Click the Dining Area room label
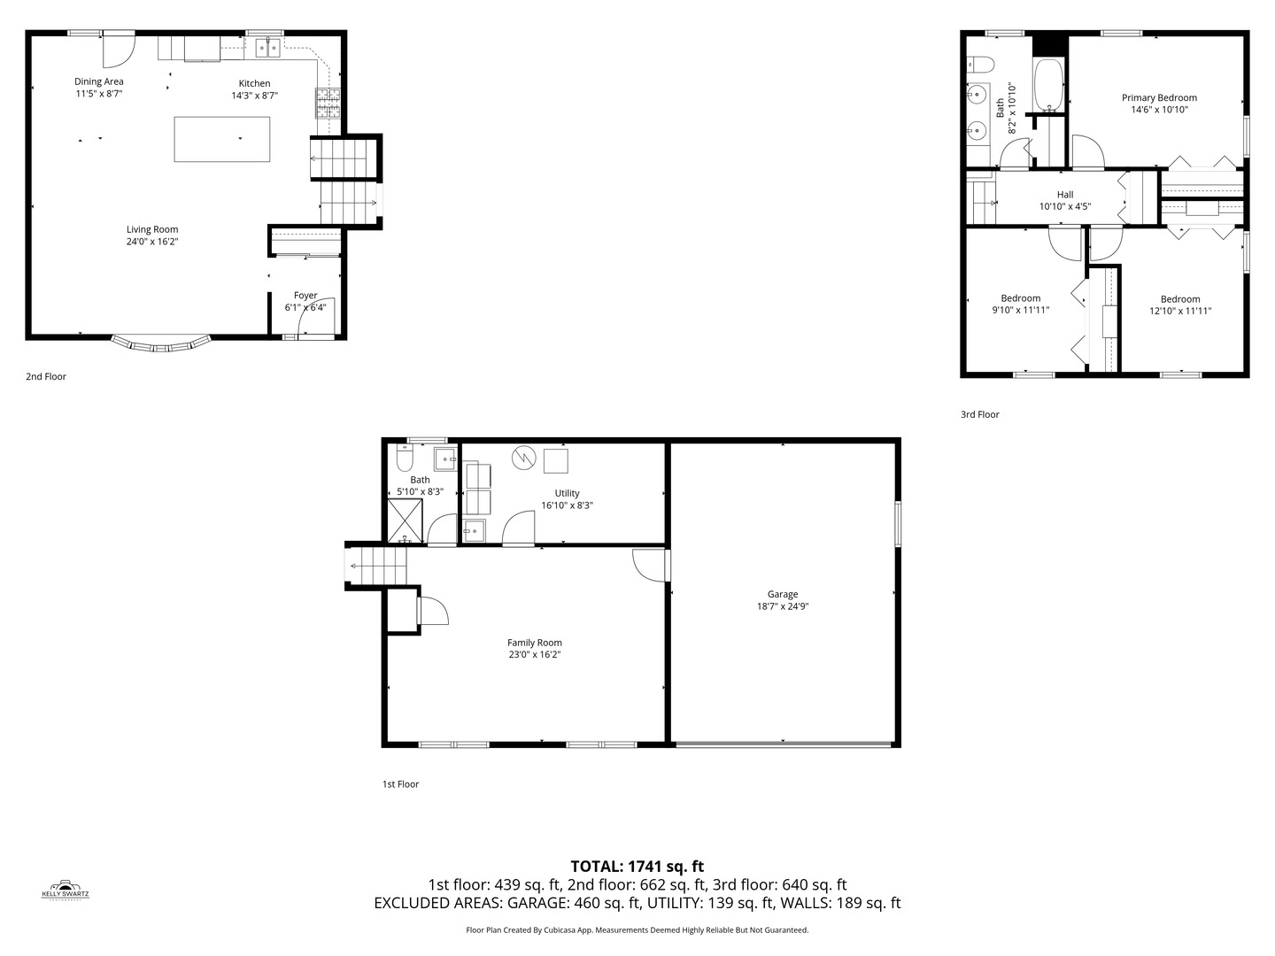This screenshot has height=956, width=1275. click(98, 81)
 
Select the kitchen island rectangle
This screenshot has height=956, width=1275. click(222, 139)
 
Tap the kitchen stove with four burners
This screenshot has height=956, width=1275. click(328, 104)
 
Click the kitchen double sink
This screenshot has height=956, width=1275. click(267, 49)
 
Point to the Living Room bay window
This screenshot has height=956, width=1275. click(161, 343)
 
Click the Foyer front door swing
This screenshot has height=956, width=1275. click(322, 314)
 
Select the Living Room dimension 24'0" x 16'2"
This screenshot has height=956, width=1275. click(152, 242)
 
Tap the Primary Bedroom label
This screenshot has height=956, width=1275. click(1159, 98)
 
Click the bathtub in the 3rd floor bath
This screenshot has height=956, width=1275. click(1050, 86)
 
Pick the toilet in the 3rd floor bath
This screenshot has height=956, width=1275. click(980, 64)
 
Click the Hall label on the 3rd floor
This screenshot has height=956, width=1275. click(1065, 195)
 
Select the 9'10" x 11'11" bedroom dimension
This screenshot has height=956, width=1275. click(1021, 311)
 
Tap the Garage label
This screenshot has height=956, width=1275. click(783, 595)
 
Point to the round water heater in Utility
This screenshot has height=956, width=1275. click(523, 458)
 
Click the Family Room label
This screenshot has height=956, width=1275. click(535, 643)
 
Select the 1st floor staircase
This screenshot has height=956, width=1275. click(377, 567)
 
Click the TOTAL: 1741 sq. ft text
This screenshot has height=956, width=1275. click(637, 867)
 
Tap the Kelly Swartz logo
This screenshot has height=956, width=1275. click(66, 889)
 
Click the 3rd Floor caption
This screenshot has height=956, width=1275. click(979, 414)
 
